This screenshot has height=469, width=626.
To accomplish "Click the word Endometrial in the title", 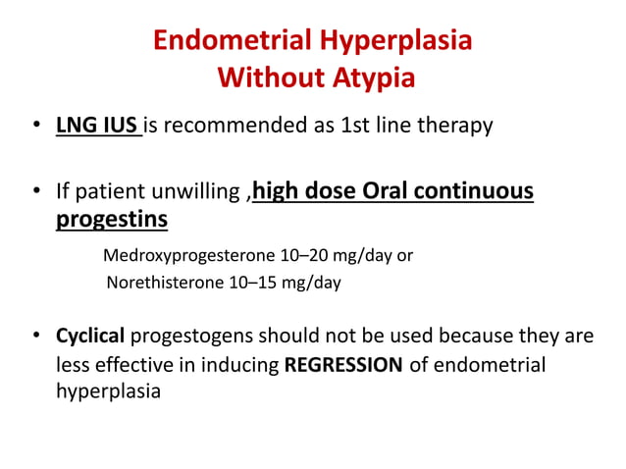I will [233, 41].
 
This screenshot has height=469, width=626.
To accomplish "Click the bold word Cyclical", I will [89, 337].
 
